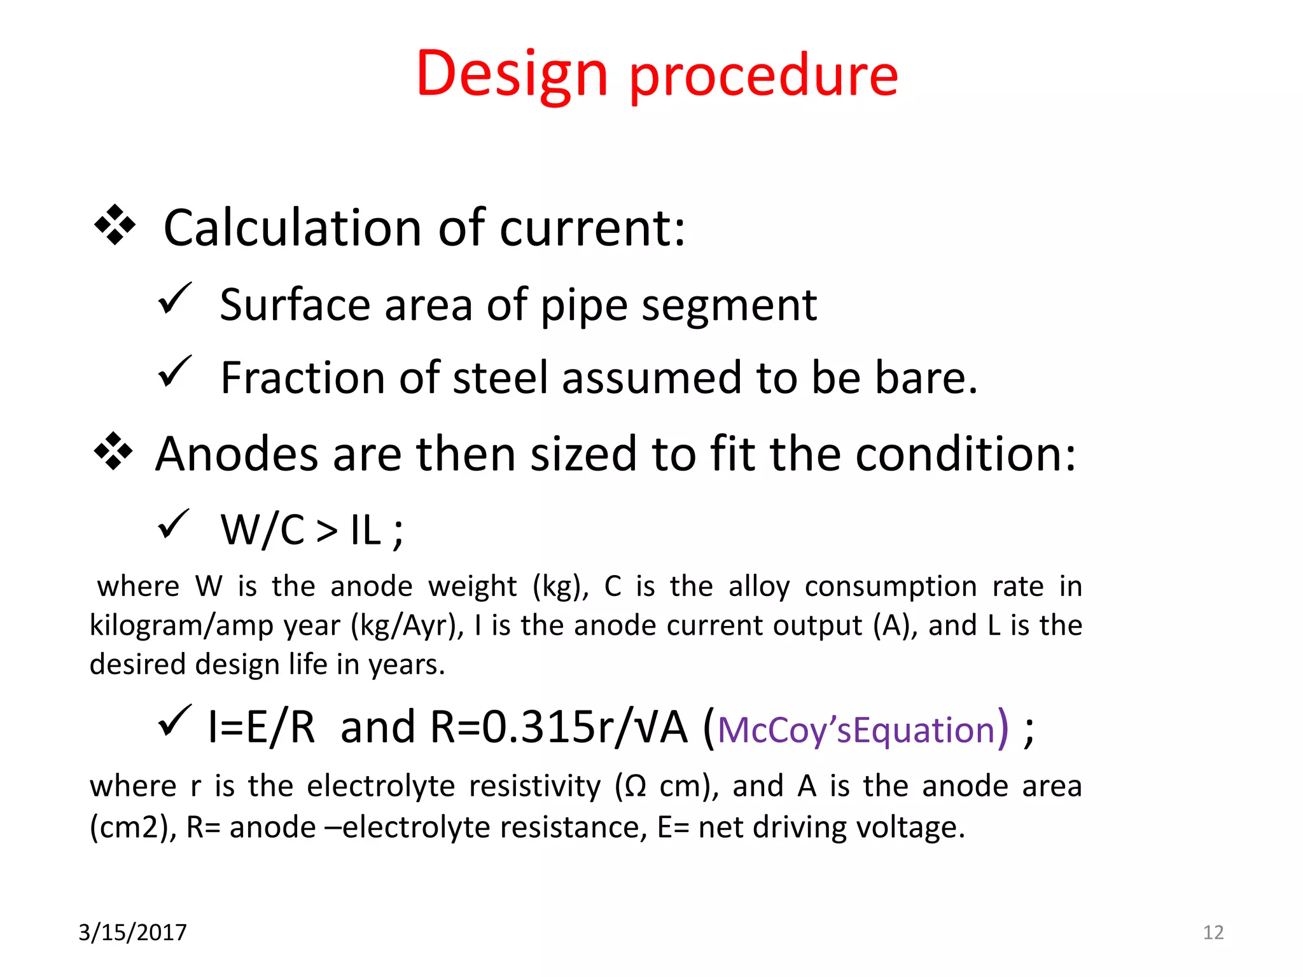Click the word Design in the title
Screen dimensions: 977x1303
(x=512, y=75)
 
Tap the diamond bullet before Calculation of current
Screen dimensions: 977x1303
(x=115, y=225)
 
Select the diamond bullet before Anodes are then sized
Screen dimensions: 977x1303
(x=114, y=451)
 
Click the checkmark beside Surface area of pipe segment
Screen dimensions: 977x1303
(x=174, y=298)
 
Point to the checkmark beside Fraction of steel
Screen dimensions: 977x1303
(x=174, y=371)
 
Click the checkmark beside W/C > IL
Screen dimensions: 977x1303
(x=173, y=523)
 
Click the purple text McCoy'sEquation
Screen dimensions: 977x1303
(x=856, y=730)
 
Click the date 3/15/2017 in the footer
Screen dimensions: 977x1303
(x=132, y=932)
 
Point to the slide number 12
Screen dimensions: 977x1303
(x=1213, y=932)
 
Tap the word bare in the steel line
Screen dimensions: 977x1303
(x=926, y=378)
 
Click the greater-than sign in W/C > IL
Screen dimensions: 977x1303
(x=326, y=530)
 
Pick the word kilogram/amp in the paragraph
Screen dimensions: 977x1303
(x=182, y=625)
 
